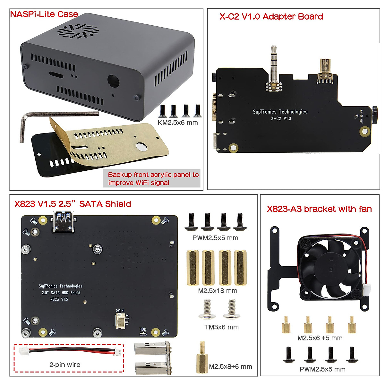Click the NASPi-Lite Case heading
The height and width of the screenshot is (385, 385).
point(44,14)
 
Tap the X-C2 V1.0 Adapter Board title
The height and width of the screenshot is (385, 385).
point(271,17)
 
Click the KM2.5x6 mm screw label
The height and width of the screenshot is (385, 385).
point(178,123)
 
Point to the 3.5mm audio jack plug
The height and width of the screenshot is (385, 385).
point(274,69)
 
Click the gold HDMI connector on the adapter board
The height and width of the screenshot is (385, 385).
point(325,71)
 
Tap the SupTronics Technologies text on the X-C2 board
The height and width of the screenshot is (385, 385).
point(280,112)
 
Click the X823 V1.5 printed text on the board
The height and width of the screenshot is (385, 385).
point(59,299)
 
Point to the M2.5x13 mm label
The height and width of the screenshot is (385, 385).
point(218,291)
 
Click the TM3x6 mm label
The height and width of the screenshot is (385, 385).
point(222,327)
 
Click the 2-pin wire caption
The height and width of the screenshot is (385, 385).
point(65,365)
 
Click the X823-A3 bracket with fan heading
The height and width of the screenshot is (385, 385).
point(319,209)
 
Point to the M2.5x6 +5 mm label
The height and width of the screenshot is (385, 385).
point(320,338)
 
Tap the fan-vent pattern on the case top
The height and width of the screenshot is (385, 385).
point(78,30)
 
